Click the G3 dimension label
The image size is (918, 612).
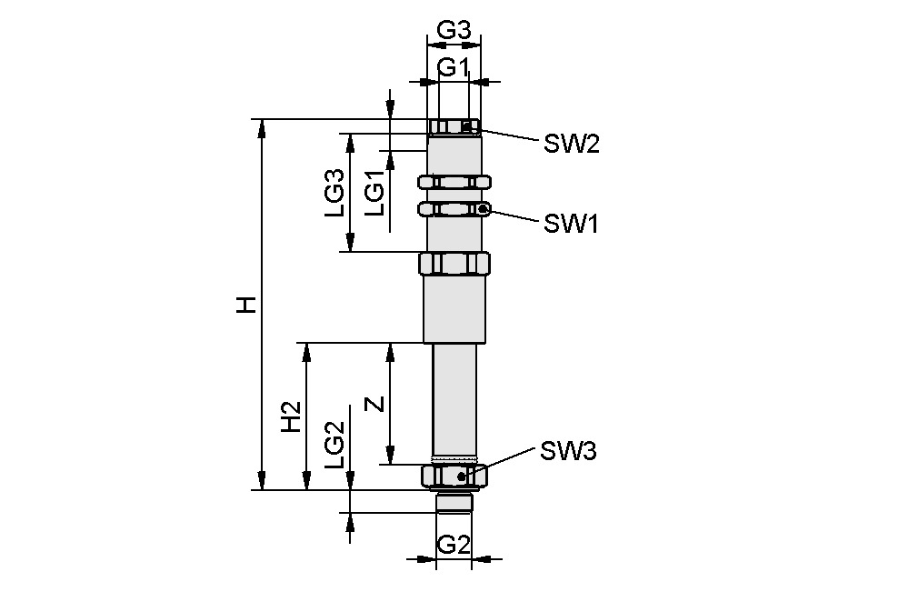pos(454,29)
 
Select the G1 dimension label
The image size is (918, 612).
pos(453,67)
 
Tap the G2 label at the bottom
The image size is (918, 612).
pos(453,546)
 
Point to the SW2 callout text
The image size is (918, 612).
pos(572,144)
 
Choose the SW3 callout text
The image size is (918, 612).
pos(568,451)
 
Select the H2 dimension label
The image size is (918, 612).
pos(291,417)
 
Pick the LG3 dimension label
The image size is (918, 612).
pos(334,192)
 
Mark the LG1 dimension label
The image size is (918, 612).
pos(374,193)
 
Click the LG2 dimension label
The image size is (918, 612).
pos(334,445)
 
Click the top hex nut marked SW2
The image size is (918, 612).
pos(454,126)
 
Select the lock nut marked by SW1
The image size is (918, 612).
pos(454,210)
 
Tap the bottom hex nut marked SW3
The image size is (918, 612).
pos(454,476)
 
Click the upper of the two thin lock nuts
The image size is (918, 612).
pos(454,183)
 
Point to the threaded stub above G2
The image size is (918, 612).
pos(454,501)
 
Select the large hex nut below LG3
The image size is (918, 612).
pos(454,265)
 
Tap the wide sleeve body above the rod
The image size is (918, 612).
pos(454,309)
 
